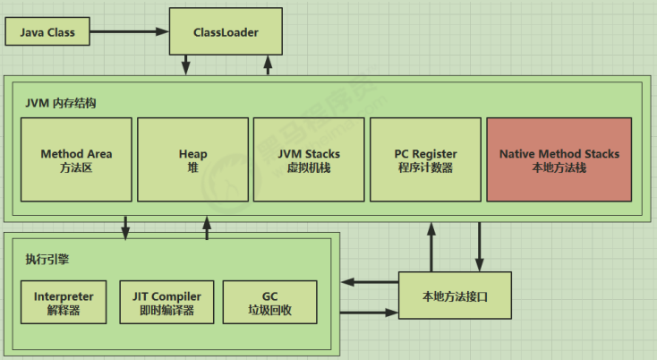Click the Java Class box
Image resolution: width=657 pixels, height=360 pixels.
coord(49,33)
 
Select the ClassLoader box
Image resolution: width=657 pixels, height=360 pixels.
coord(226,33)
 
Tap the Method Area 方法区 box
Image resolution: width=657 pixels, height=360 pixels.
coord(76,160)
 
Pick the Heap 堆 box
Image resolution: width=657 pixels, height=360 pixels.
coord(192,160)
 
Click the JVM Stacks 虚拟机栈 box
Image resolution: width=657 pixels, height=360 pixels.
coord(309,160)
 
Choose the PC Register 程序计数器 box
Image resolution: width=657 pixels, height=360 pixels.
coord(425,160)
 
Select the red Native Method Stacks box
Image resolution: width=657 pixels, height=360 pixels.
coord(559,160)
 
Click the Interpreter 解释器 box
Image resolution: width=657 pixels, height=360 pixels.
coord(63,303)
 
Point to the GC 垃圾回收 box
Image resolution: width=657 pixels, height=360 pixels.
coord(269,303)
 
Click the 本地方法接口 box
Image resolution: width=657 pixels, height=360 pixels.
coord(455,295)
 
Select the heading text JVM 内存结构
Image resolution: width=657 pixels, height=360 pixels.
coord(61,103)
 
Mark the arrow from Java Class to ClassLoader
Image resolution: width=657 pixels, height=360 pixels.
coord(129,33)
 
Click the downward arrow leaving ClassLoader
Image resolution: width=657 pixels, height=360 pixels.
coord(186,66)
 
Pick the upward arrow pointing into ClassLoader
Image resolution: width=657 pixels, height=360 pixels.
coord(267,66)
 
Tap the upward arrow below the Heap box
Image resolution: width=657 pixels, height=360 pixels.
coord(208,227)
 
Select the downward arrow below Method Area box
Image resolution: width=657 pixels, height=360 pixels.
coord(125,227)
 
